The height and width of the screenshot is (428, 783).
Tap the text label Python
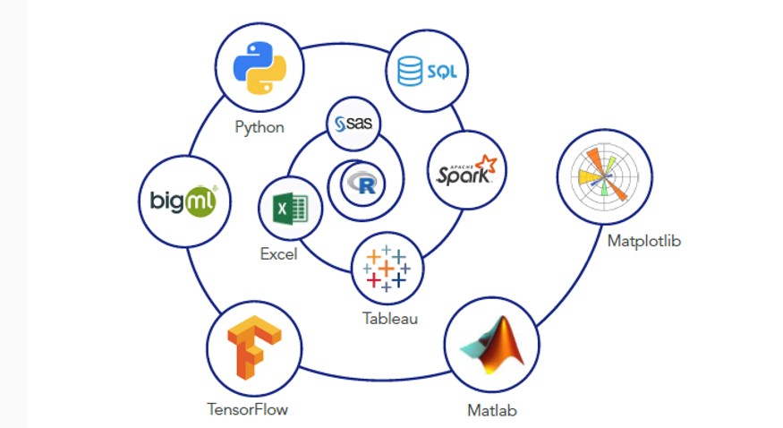[260, 127]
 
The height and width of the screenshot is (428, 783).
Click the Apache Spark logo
[465, 170]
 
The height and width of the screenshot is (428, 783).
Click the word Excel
[278, 254]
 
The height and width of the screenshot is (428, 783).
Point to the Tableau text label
[389, 318]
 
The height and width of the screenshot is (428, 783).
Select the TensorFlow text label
[248, 410]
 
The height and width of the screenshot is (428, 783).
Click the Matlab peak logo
[491, 346]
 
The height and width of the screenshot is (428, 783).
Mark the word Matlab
[491, 411]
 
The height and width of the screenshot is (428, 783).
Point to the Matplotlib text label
[643, 240]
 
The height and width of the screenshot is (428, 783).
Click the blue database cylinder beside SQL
[410, 70]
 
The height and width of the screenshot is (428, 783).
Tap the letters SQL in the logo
[441, 71]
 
